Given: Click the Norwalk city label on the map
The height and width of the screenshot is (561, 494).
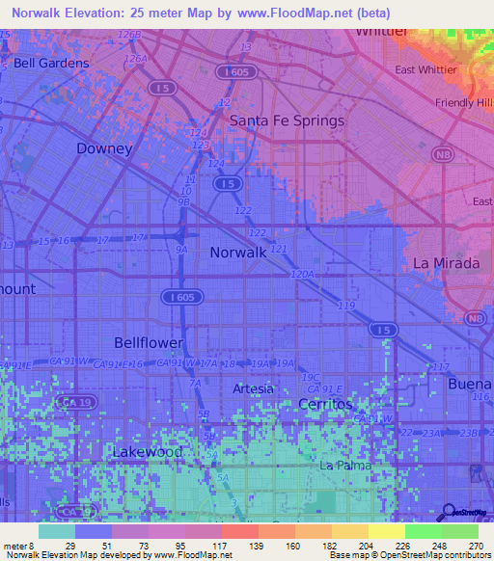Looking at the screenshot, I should (237, 252).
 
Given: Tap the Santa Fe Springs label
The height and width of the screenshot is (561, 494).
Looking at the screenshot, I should (286, 120).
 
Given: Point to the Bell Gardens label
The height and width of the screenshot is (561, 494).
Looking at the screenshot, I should (51, 64).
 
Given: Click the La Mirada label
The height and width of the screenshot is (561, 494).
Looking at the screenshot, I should (446, 263).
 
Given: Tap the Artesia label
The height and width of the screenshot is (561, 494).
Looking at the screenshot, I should (253, 388).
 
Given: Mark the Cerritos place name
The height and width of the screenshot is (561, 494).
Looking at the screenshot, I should (325, 403).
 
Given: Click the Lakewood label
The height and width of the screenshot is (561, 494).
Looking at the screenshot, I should (147, 451).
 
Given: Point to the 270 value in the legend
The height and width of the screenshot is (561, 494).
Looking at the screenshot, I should (476, 546).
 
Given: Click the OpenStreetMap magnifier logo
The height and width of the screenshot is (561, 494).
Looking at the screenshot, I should (467, 513).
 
